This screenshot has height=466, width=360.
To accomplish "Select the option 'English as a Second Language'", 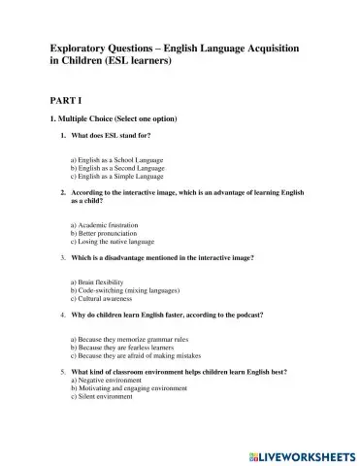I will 108,167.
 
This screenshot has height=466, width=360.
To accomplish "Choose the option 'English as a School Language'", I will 107,158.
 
